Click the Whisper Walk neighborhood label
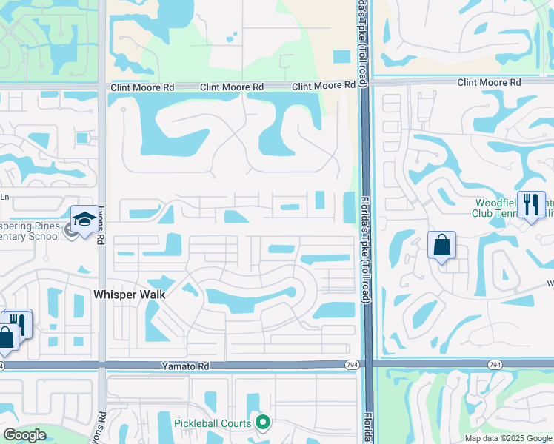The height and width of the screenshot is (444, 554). (129, 294)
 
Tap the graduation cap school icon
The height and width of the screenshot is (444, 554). (84, 219)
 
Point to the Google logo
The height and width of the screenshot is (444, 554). (24, 435)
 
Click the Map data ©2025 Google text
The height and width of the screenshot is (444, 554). (507, 438)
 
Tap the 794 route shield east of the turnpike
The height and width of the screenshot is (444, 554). (494, 365)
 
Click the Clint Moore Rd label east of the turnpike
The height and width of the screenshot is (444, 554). (489, 82)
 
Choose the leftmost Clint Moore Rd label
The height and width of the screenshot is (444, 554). (142, 87)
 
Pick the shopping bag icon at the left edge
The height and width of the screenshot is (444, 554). (6, 337)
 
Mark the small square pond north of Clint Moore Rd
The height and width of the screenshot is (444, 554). (341, 56)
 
